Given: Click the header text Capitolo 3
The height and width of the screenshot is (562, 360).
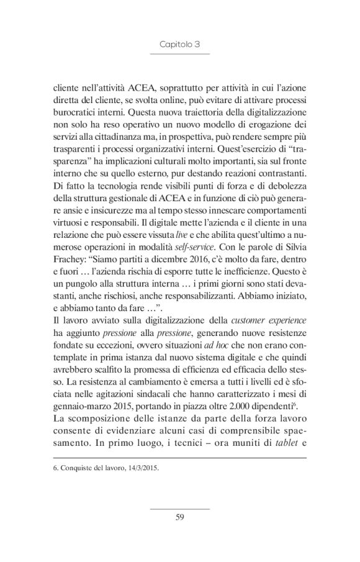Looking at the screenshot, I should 179,45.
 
